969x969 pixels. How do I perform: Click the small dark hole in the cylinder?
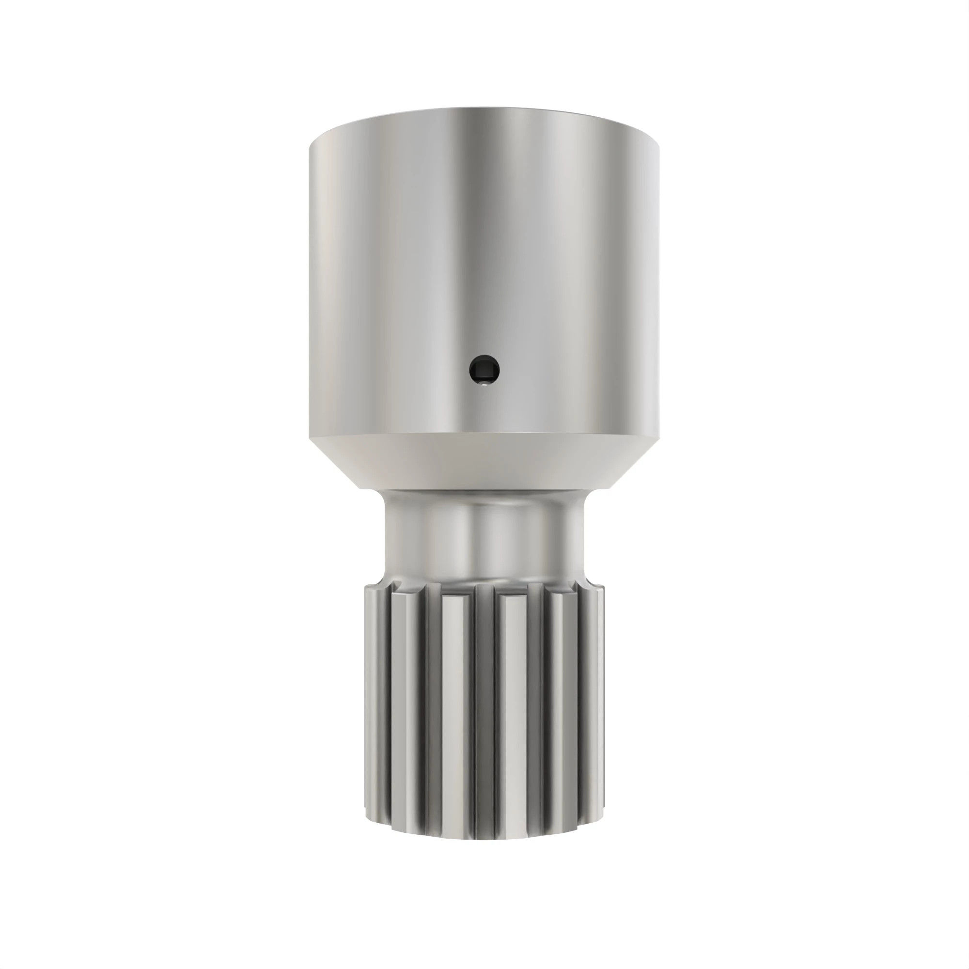click(484, 371)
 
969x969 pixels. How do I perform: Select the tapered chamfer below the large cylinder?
click(484, 461)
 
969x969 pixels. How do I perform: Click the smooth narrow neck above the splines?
click(484, 537)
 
